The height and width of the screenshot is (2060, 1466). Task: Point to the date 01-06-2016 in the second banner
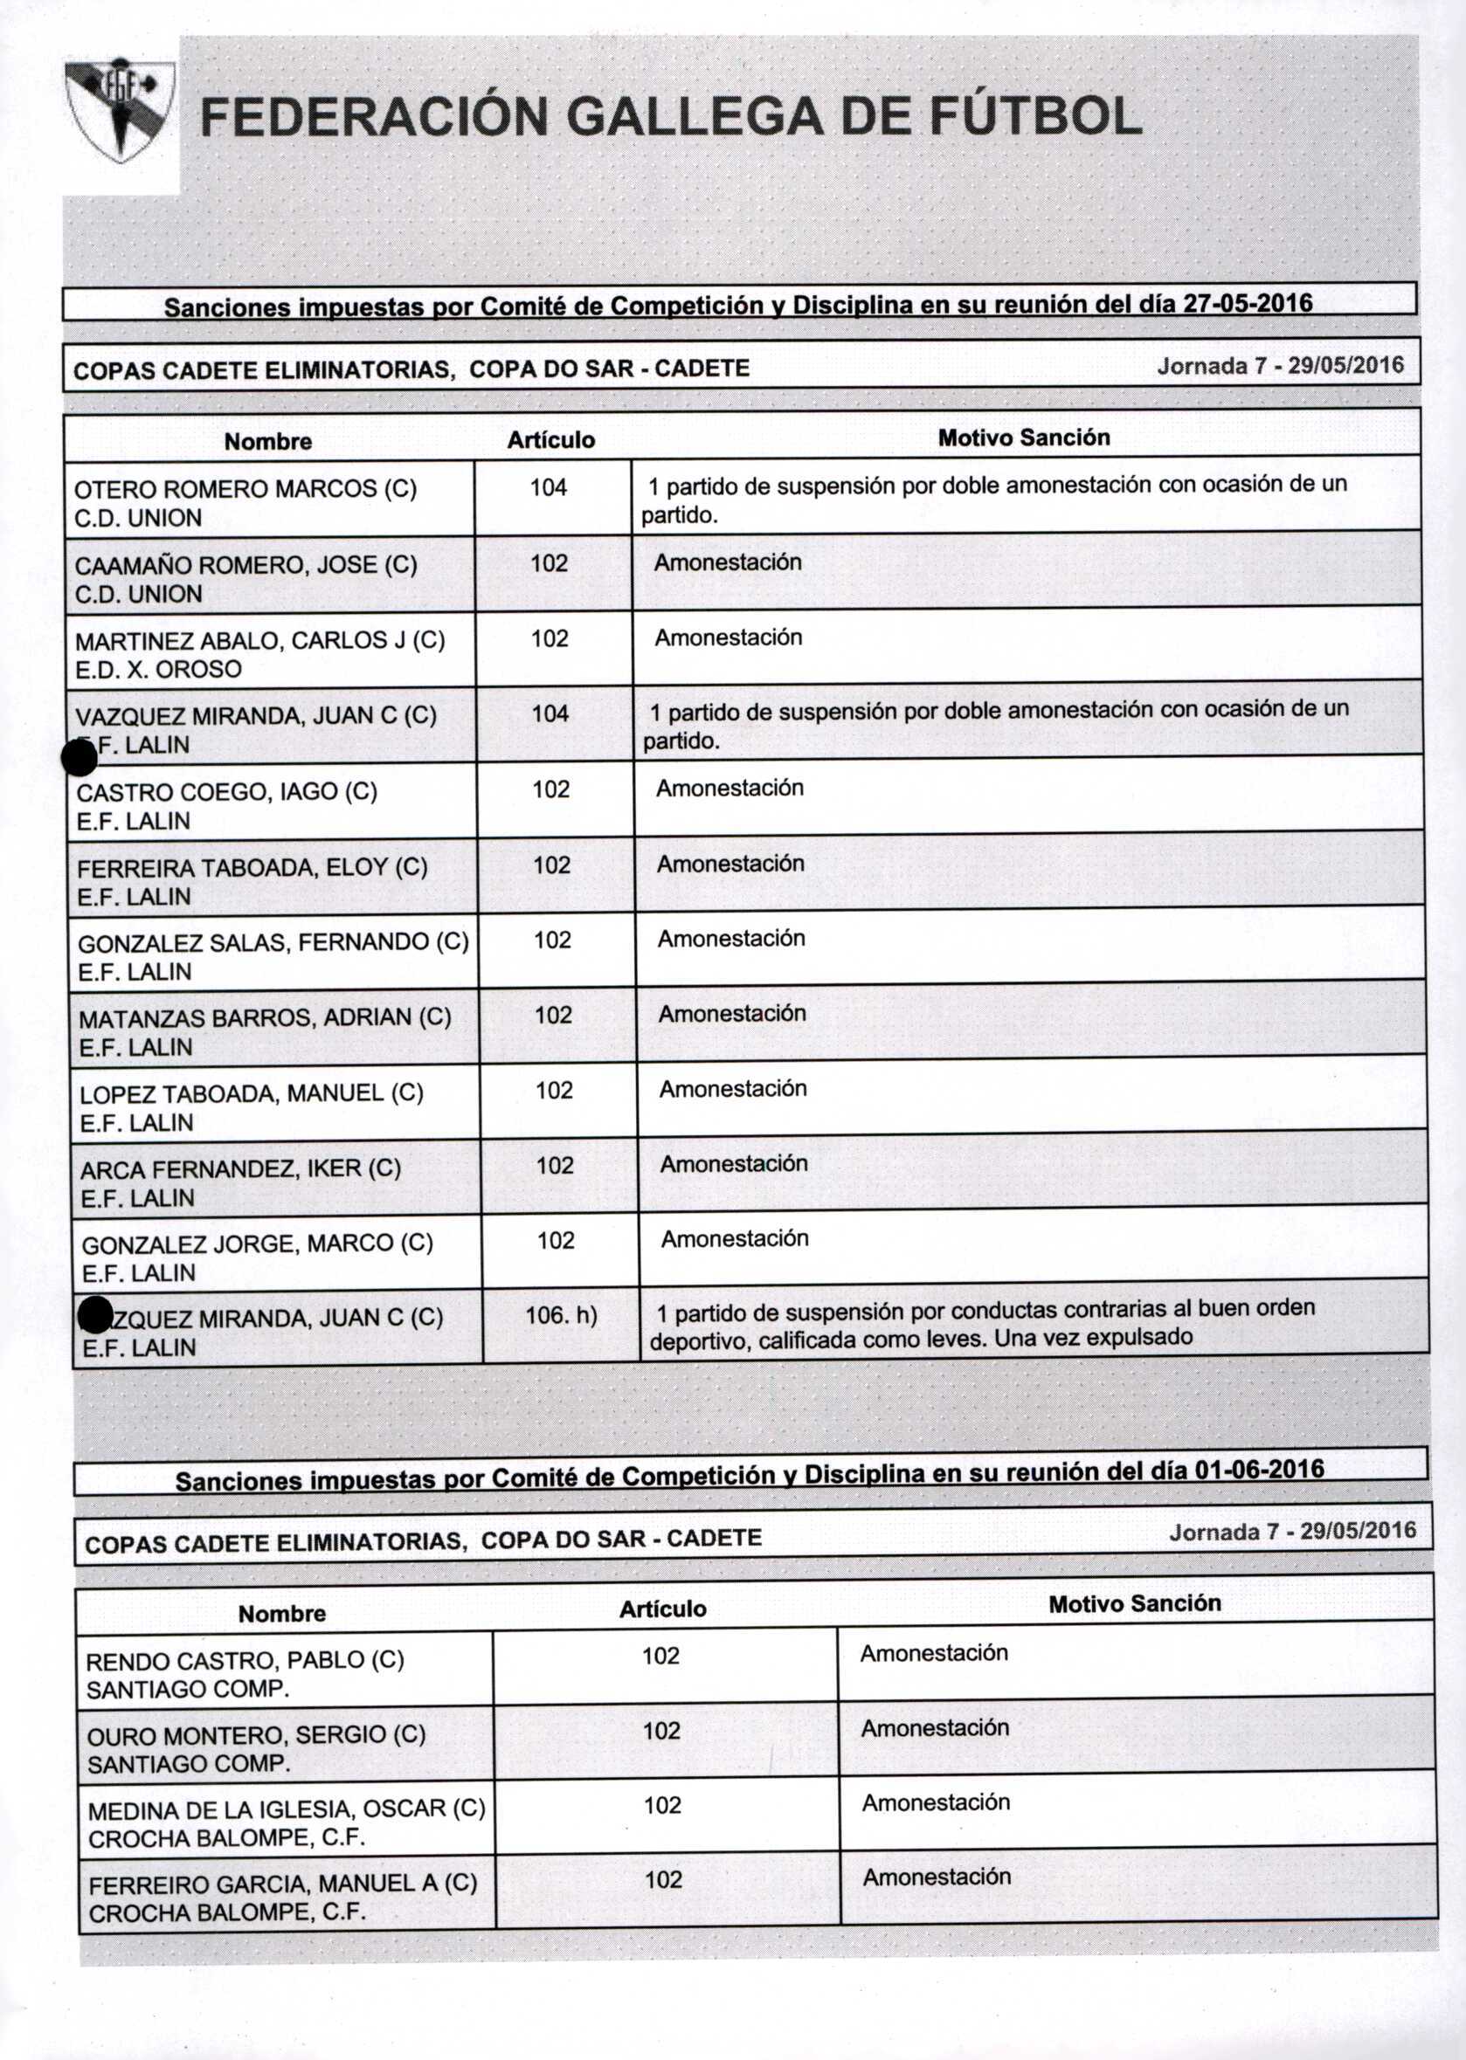pyautogui.click(x=1259, y=1469)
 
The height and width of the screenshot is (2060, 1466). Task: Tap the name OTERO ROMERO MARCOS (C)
pyautogui.click(x=245, y=489)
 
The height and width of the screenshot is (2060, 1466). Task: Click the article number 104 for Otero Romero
pyautogui.click(x=548, y=488)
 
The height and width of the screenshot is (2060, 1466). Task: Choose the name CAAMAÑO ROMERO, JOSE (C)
pyautogui.click(x=245, y=565)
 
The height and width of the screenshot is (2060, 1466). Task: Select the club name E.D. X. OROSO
pyautogui.click(x=159, y=670)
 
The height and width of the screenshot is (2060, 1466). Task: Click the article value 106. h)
pyautogui.click(x=561, y=1315)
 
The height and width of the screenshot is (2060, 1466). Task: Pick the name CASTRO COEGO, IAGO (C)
pyautogui.click(x=226, y=792)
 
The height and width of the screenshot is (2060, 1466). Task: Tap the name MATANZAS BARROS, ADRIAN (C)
pyautogui.click(x=265, y=1018)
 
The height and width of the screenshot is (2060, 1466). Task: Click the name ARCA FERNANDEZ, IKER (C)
pyautogui.click(x=240, y=1168)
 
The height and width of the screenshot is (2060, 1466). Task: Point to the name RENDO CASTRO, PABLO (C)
pyautogui.click(x=245, y=1660)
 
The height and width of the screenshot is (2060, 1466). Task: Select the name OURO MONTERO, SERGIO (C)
pyautogui.click(x=256, y=1735)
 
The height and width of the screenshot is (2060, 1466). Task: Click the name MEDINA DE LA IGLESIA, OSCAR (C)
pyautogui.click(x=287, y=1809)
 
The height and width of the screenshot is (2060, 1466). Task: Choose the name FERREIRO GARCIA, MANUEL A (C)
pyautogui.click(x=282, y=1884)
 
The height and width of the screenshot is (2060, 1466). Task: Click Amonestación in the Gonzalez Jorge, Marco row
pyautogui.click(x=734, y=1239)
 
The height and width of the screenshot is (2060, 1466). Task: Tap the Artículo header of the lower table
pyautogui.click(x=662, y=1609)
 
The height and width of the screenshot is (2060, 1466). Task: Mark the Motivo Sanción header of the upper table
pyautogui.click(x=1024, y=437)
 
